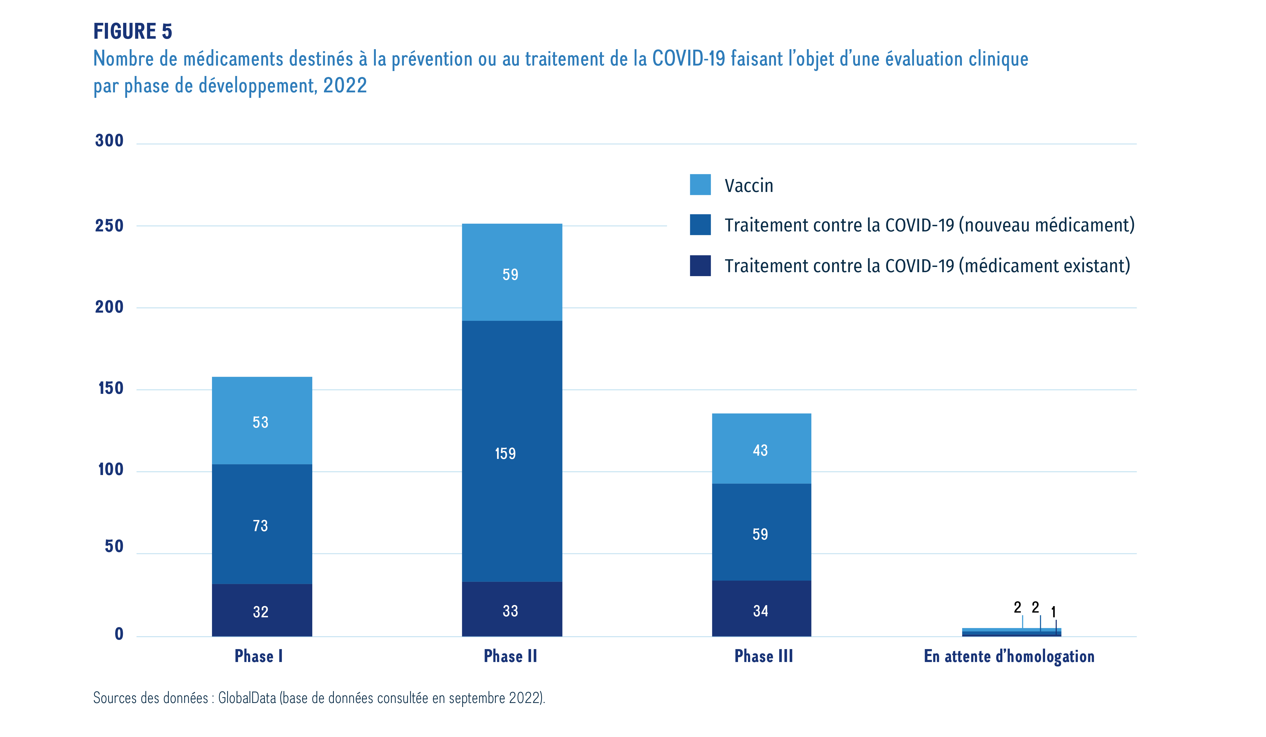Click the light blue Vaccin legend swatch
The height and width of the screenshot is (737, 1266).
[x=700, y=184]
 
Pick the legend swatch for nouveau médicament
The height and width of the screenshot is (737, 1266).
[x=700, y=224]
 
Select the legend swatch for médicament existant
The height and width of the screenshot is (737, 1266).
[x=700, y=265]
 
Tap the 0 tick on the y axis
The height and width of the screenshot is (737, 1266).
[x=119, y=634]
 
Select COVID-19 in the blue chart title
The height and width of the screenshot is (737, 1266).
[x=689, y=59]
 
